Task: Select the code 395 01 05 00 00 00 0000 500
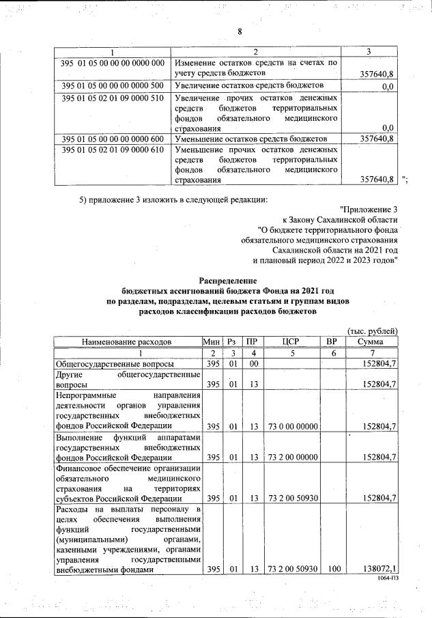pyautogui.click(x=112, y=86)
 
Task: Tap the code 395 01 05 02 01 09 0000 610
pyautogui.click(x=112, y=149)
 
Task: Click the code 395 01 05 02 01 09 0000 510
pyautogui.click(x=112, y=98)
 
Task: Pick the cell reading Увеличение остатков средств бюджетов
pyautogui.click(x=249, y=86)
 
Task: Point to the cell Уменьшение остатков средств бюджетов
pyautogui.click(x=249, y=139)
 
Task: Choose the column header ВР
pyautogui.click(x=332, y=341)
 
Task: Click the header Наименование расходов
pyautogui.click(x=127, y=341)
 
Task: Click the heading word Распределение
pyautogui.click(x=228, y=280)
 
